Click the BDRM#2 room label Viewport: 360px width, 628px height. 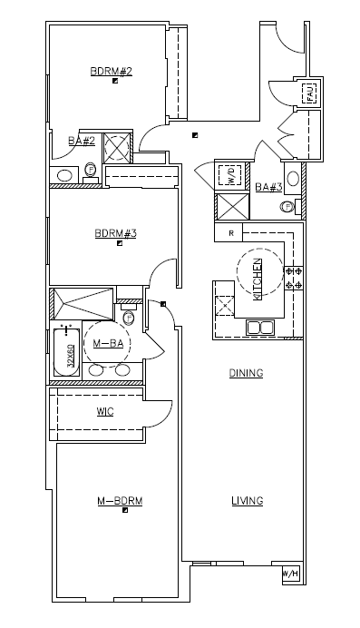(112, 71)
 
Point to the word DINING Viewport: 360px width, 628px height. (246, 373)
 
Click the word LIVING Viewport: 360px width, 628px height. (247, 501)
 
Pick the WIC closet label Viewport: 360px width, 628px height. (105, 411)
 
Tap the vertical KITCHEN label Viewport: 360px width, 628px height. (258, 279)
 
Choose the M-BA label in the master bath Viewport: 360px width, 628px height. (108, 343)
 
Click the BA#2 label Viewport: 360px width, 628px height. (82, 141)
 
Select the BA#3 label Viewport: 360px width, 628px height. (268, 188)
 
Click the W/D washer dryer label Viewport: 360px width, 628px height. (230, 175)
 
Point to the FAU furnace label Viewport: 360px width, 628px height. (310, 93)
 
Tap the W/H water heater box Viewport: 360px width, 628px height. (289, 574)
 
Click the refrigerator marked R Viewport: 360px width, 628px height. (231, 233)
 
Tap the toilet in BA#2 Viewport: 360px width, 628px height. (91, 169)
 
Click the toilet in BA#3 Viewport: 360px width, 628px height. (287, 207)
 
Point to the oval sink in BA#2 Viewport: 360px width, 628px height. (65, 175)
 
